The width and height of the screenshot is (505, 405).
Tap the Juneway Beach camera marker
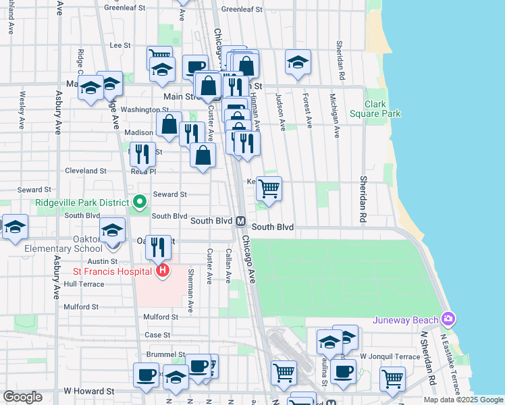448,318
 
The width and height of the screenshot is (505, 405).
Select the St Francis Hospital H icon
162,272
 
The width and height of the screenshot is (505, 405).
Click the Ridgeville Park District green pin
140,202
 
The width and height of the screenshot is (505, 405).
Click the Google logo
22,397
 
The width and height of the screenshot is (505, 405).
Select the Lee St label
119,45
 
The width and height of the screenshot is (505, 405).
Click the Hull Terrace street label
84,284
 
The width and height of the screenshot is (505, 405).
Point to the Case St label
157,335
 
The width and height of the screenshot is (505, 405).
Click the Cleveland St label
83,171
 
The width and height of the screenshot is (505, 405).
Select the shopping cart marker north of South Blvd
269,188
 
